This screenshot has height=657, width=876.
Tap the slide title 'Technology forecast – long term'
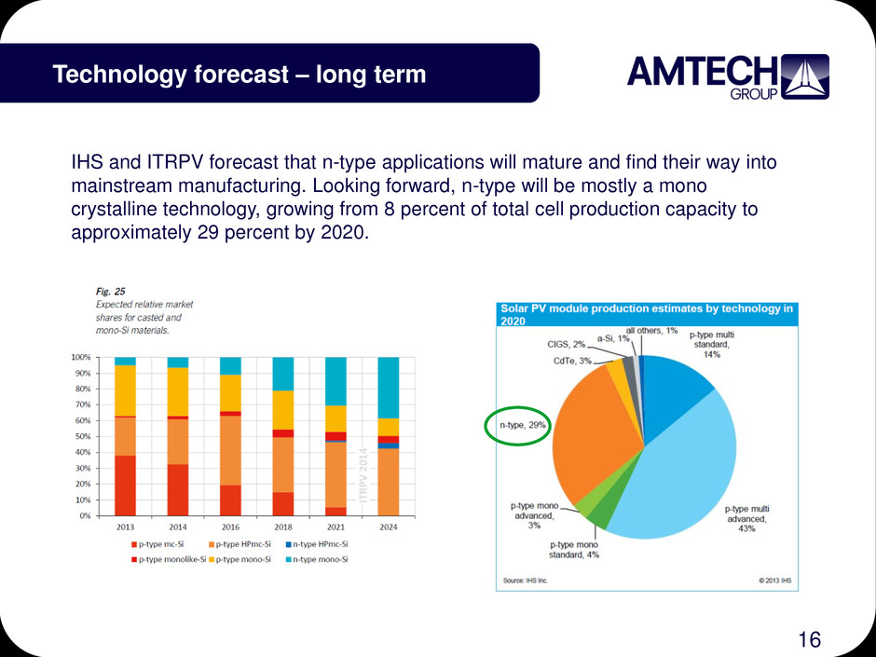pos(240,74)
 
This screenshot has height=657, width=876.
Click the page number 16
pos(809,638)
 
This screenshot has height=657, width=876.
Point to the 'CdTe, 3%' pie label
pos(572,361)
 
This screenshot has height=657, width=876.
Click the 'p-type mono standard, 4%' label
pos(574,550)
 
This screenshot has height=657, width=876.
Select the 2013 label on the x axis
pos(125,526)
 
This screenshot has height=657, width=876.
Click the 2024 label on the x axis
pos(389,526)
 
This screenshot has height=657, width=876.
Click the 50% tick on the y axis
pos(82,436)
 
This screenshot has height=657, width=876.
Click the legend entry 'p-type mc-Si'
pos(160,542)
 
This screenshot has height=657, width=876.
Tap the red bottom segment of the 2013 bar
pos(125,485)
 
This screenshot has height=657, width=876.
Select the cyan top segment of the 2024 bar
pos(389,388)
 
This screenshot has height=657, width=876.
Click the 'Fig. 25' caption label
pos(112,290)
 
